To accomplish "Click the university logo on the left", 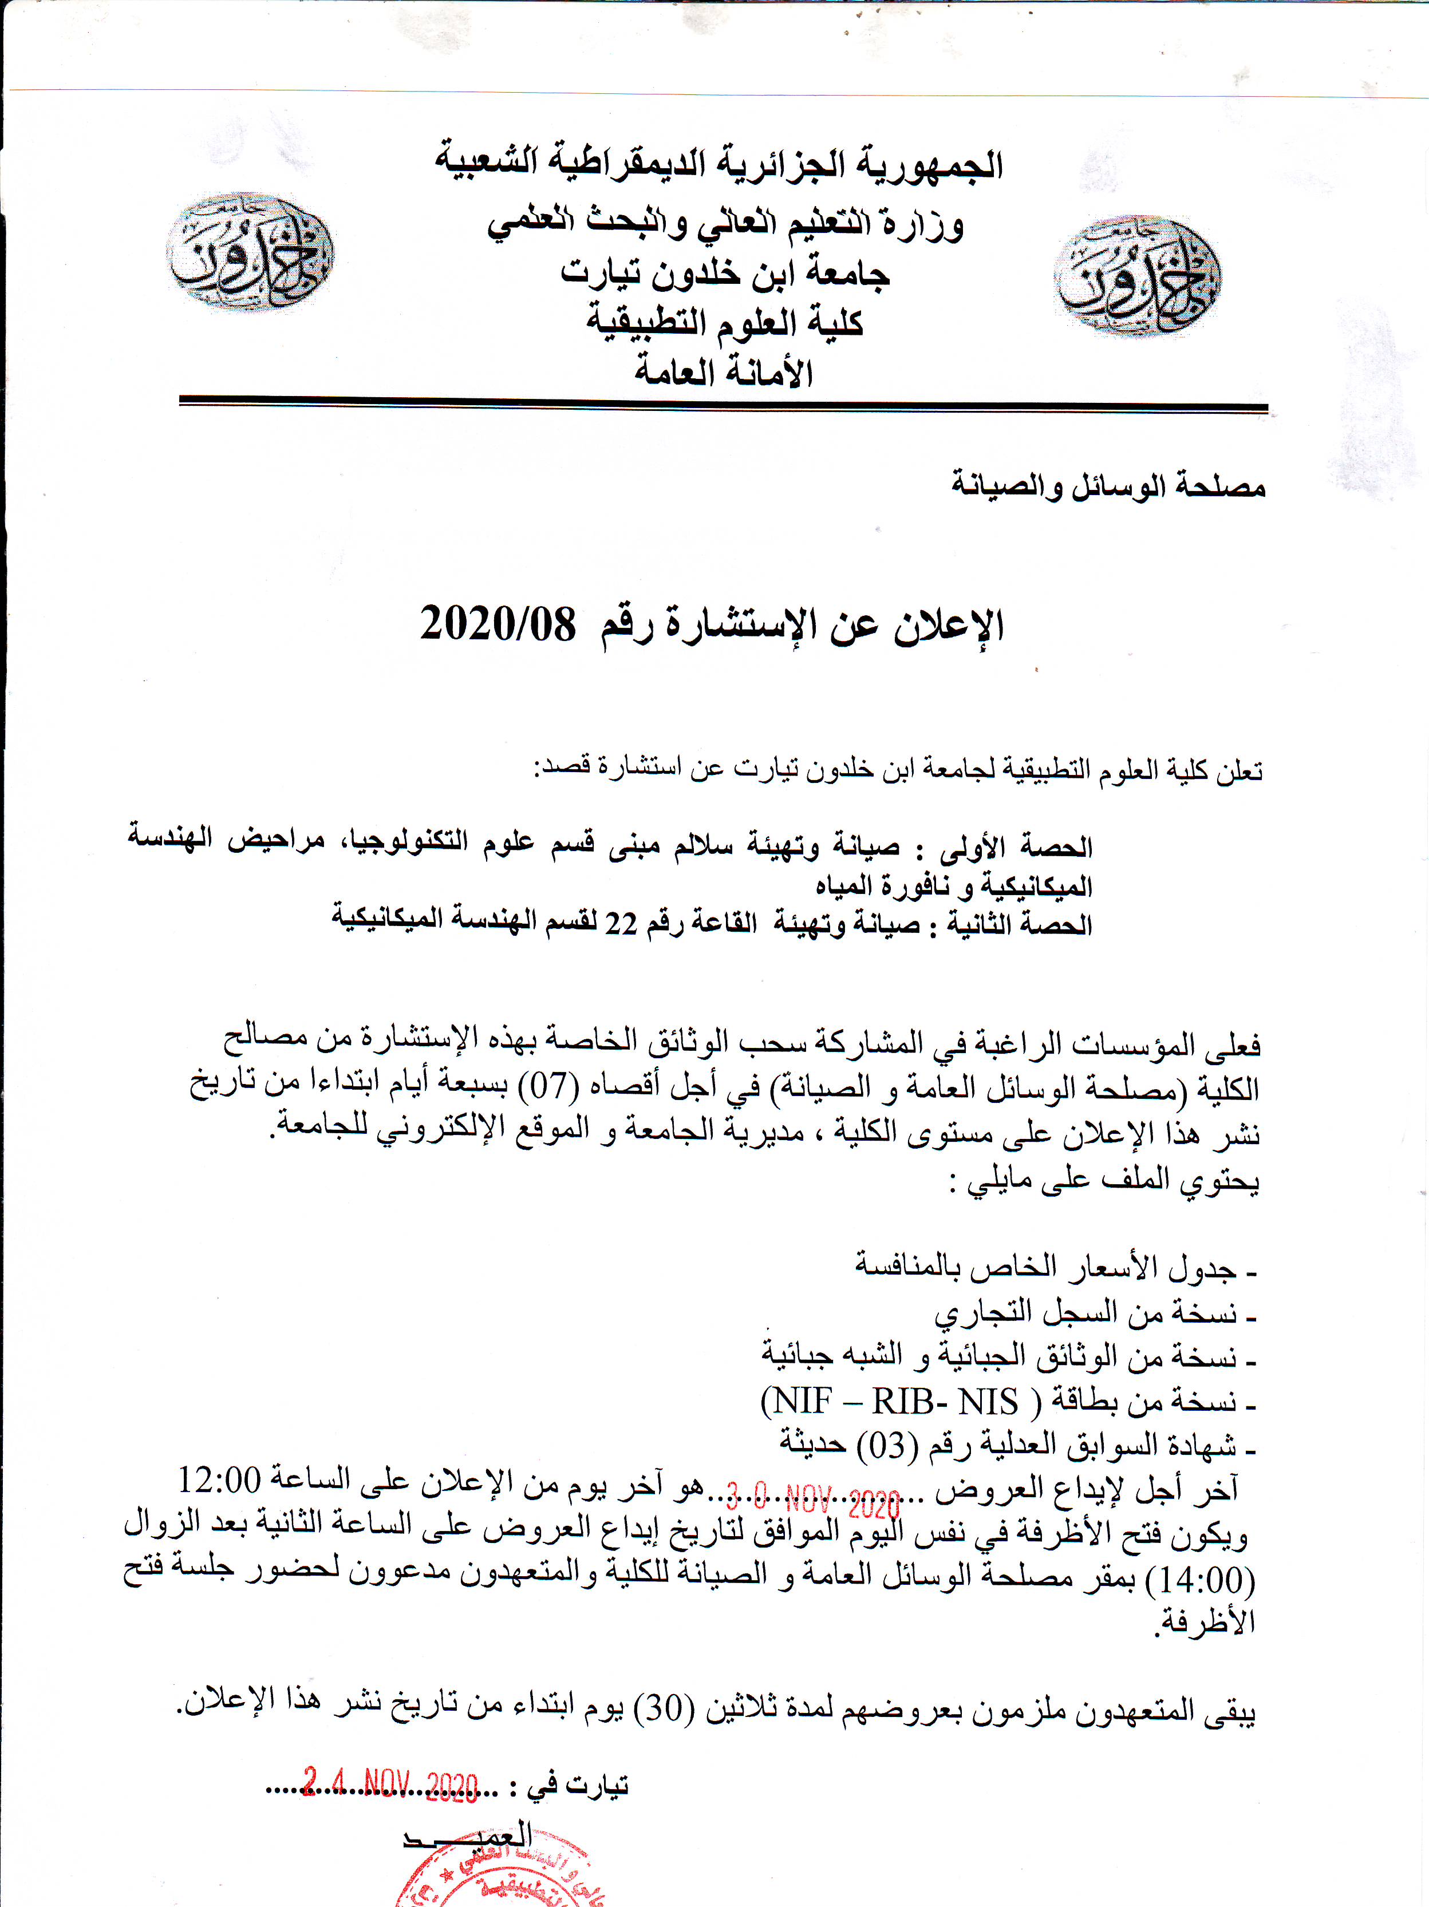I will click(250, 252).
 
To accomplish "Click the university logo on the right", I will click(1136, 276).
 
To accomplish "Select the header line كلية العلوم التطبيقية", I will click(724, 323).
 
